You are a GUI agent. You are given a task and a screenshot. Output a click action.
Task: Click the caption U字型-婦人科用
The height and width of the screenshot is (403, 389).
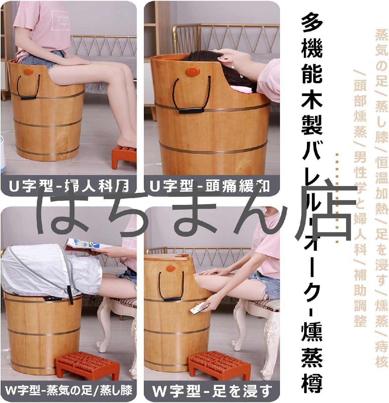(69, 186)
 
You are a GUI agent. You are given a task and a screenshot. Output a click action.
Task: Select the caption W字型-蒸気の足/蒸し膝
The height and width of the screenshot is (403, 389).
(69, 391)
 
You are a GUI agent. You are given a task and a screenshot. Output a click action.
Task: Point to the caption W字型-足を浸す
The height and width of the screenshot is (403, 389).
(212, 391)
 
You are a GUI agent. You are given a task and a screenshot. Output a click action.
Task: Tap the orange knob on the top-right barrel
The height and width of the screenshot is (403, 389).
(193, 72)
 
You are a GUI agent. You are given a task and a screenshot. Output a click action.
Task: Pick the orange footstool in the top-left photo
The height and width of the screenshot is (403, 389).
(124, 155)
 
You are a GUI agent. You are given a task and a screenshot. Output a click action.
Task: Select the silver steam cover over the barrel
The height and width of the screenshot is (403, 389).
(50, 269)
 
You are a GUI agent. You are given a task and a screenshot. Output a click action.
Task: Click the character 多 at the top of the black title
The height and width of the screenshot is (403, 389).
(312, 23)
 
